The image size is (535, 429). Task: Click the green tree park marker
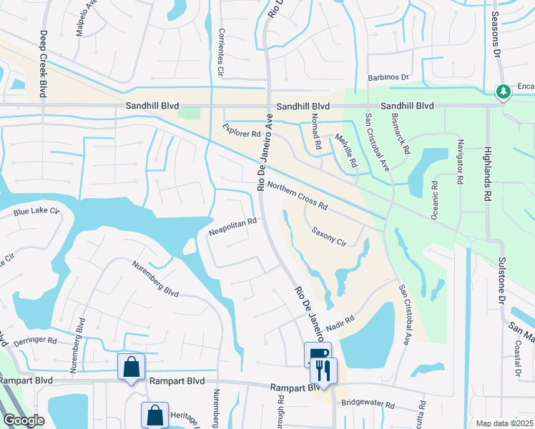tap(503, 91)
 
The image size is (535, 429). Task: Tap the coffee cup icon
tap(317, 353)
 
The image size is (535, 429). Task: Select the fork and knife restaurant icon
tap(323, 370)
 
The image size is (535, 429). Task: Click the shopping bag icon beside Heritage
tap(154, 415)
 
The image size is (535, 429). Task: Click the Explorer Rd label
tap(240, 130)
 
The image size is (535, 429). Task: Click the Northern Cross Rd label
tap(297, 195)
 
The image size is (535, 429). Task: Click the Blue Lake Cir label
tap(36, 211)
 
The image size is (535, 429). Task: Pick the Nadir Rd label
tap(340, 323)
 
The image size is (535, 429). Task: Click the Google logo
tap(24, 421)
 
